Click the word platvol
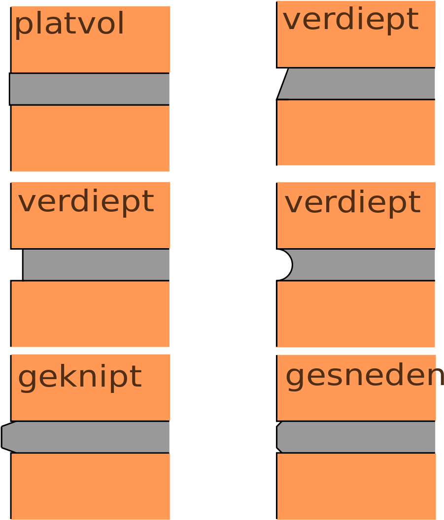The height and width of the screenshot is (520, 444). point(69,25)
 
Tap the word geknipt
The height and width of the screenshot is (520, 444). point(79,378)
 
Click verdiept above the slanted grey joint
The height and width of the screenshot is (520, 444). point(350,20)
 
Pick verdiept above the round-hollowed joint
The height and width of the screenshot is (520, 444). point(352,202)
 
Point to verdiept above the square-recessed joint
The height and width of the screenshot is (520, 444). point(86,201)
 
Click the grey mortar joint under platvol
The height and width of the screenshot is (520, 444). point(90,89)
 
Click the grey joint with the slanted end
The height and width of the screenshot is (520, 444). point(360,84)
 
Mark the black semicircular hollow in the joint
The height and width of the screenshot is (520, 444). point(284,265)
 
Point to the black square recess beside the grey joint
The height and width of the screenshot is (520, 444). point(17,265)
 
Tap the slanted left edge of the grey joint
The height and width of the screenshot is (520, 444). point(283,84)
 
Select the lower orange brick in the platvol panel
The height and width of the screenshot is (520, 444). point(90,138)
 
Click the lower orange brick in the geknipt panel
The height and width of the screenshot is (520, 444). point(91,486)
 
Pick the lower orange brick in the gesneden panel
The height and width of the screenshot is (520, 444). point(356,486)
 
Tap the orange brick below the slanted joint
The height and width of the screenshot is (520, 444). point(356,132)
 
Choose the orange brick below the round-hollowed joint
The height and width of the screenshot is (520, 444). point(356,314)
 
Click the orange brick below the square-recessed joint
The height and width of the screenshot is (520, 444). point(90,314)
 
